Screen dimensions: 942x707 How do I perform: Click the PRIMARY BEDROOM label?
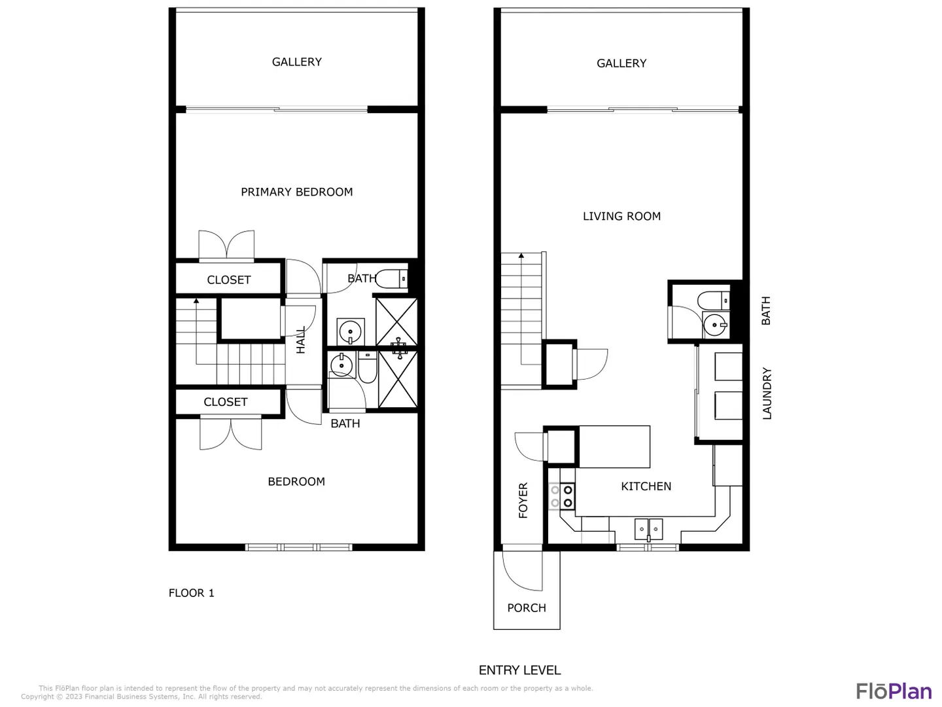(296, 192)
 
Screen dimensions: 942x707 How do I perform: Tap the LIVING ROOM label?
(621, 216)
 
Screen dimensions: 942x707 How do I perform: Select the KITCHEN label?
(646, 486)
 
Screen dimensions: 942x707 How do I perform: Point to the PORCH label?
(527, 607)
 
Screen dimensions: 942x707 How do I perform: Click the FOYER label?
(523, 500)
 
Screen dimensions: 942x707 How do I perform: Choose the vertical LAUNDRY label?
(767, 393)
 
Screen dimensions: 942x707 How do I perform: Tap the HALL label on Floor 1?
(301, 340)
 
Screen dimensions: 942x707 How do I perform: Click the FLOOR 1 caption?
(191, 593)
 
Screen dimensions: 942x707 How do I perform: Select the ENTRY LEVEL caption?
(519, 670)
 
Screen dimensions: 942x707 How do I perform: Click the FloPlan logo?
(894, 691)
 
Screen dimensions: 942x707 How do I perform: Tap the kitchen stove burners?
(562, 496)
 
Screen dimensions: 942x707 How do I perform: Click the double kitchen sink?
(648, 529)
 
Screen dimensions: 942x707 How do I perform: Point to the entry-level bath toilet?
(713, 300)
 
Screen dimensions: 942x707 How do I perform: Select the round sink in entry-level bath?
(714, 325)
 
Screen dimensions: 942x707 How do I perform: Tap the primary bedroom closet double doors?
(226, 245)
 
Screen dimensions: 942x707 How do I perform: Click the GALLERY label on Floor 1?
(296, 62)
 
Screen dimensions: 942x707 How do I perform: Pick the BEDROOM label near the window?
(296, 481)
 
